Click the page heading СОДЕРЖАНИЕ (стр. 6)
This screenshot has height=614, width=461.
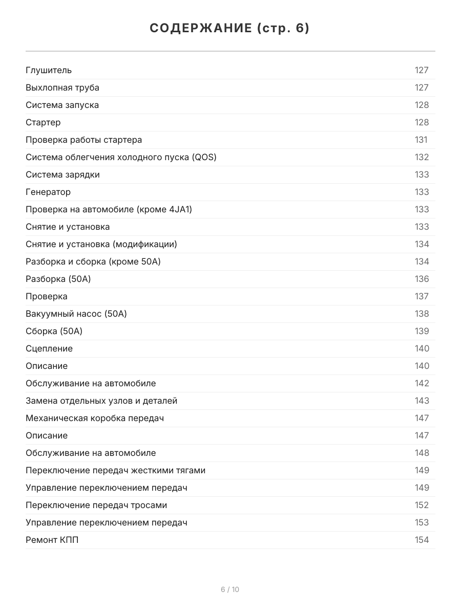(230, 28)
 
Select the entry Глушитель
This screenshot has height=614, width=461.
(49, 70)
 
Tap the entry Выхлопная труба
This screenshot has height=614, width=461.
(62, 87)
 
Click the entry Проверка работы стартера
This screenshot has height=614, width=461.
(84, 140)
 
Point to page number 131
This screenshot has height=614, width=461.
(421, 140)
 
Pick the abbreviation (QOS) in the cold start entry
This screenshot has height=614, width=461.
(204, 157)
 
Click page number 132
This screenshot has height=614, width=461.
(422, 157)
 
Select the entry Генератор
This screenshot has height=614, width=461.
(48, 192)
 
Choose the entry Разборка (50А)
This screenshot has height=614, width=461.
(58, 279)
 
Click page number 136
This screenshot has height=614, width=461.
(422, 279)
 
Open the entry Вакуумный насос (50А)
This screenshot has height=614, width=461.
(76, 314)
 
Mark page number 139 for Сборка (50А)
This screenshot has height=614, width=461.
(422, 331)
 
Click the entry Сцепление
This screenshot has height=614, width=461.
(49, 348)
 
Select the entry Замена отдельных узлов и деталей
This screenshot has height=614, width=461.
(101, 401)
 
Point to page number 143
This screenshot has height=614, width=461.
(422, 401)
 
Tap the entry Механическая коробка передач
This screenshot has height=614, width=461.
(95, 418)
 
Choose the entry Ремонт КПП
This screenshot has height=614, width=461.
(52, 540)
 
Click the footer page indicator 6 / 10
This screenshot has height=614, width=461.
(230, 589)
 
